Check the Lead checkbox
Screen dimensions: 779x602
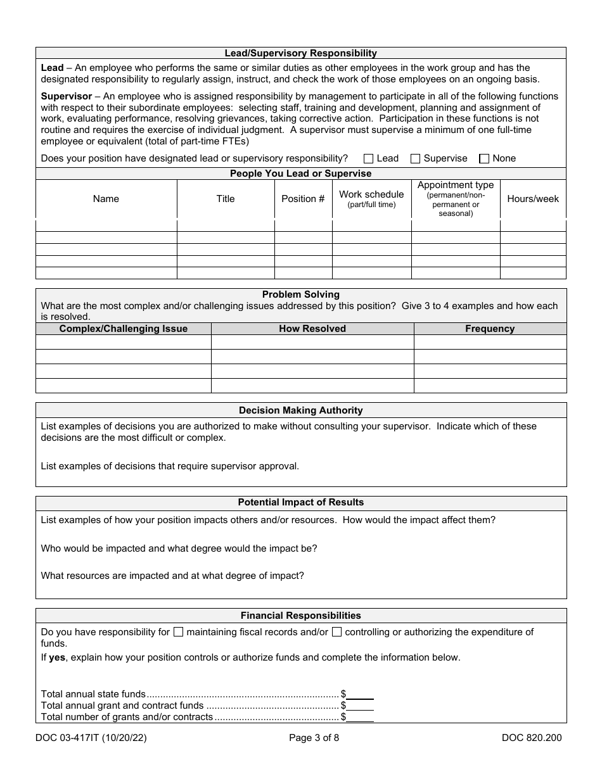click(x=369, y=159)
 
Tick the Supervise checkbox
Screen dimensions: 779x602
click(x=416, y=159)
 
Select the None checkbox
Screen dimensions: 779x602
click(x=485, y=159)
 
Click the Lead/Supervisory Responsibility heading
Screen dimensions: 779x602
click(x=301, y=53)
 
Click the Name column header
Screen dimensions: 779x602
click(x=106, y=199)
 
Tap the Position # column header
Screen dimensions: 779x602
click(x=303, y=199)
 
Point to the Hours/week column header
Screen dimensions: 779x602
click(x=533, y=199)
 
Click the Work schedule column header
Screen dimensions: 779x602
click(x=371, y=198)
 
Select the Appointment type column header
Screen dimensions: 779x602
click(x=456, y=198)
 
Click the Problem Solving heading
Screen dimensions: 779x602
click(x=301, y=294)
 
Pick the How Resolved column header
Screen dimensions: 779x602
click(x=312, y=329)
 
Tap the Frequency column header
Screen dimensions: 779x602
click(x=490, y=329)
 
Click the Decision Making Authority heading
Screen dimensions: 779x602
click(x=301, y=410)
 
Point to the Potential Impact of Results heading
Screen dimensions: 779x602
click(x=301, y=502)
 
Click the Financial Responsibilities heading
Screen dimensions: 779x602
click(x=301, y=615)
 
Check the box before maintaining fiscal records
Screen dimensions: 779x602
click(x=179, y=632)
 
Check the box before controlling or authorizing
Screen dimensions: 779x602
click(x=337, y=632)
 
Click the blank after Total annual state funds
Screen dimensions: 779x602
click(x=360, y=694)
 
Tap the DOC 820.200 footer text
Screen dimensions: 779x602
click(x=531, y=737)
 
